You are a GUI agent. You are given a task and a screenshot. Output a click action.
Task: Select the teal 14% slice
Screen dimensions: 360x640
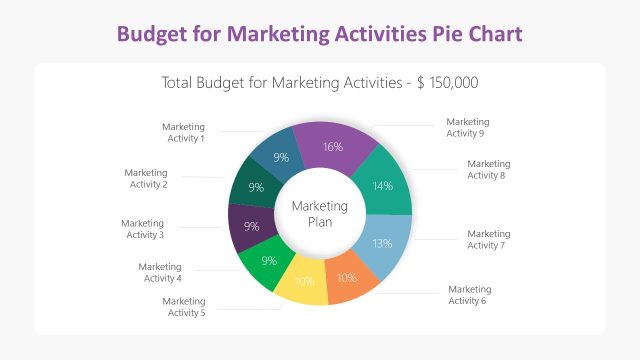[382, 185]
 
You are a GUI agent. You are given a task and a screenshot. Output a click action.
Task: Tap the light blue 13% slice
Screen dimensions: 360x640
[381, 243]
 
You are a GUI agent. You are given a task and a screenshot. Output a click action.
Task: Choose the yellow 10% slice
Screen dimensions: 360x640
[304, 281]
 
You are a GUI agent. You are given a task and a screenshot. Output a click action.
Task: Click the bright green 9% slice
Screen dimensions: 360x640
[268, 261]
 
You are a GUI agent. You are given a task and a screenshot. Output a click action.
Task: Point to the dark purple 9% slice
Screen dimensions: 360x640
[251, 226]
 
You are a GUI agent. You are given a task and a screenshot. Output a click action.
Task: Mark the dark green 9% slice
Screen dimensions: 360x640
[256, 187]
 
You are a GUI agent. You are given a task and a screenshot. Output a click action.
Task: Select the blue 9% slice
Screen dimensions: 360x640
[281, 157]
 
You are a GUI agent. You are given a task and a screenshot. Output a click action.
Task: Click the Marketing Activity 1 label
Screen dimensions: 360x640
[183, 132]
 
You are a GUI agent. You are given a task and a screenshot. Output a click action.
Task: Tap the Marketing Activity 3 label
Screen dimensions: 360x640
[142, 229]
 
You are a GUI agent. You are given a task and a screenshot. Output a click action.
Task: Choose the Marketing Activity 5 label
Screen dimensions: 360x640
[183, 307]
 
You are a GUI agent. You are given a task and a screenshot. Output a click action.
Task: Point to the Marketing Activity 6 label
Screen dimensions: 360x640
[469, 295]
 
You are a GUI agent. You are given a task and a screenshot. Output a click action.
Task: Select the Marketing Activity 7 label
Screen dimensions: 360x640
[488, 240]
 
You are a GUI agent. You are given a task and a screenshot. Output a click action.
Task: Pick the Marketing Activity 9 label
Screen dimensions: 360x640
[467, 127]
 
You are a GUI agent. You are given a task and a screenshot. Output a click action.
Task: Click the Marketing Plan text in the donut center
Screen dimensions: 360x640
[320, 214]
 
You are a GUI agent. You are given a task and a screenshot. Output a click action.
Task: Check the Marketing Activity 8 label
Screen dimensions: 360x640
[488, 169]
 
